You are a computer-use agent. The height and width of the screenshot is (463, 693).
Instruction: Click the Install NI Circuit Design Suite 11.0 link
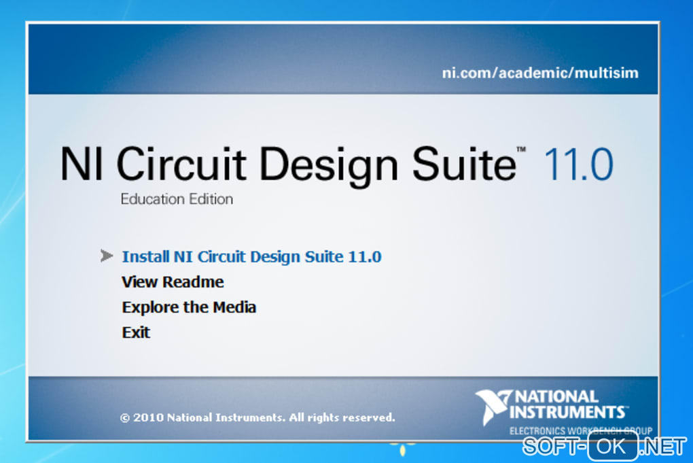[x=251, y=256]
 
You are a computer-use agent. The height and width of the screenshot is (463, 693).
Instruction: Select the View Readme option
[x=173, y=281]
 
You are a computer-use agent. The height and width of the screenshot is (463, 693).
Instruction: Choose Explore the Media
[x=189, y=307]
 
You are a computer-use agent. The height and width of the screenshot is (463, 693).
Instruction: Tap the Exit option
[x=136, y=332]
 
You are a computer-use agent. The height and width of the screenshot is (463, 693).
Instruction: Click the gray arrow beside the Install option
[x=107, y=256]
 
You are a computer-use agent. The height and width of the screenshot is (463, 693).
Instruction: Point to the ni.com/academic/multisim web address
[x=540, y=73]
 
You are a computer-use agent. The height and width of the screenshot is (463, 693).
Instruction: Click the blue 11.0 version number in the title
[x=579, y=165]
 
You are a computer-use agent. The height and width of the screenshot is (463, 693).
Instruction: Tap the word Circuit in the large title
[x=181, y=163]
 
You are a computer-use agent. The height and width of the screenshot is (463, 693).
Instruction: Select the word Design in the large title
[x=329, y=167]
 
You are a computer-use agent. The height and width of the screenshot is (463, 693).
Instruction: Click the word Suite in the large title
[x=464, y=163]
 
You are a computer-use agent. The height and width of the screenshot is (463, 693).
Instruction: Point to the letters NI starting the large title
[x=82, y=164]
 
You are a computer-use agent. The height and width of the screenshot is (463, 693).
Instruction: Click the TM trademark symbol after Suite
[x=522, y=150]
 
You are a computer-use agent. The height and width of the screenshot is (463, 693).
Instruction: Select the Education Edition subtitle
[x=177, y=199]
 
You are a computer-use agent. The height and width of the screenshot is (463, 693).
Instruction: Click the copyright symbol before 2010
[x=124, y=418]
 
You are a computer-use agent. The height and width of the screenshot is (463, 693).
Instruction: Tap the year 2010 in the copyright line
[x=148, y=417]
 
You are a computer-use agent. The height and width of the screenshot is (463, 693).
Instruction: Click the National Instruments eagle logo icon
[x=493, y=406]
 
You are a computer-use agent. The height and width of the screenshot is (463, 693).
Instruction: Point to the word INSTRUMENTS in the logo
[x=567, y=412]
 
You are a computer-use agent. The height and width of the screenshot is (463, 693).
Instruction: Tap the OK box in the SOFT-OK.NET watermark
[x=613, y=446]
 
